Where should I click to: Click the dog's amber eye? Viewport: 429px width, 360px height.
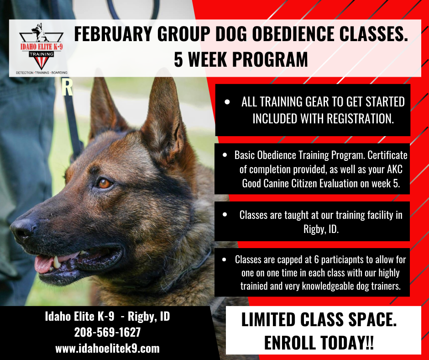(x=105, y=183)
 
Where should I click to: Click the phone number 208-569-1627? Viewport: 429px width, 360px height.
(x=107, y=332)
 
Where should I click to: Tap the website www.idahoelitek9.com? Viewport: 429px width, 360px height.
(x=107, y=348)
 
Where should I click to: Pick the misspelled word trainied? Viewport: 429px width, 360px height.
(x=257, y=286)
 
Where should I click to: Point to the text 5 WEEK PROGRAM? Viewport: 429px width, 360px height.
(x=241, y=59)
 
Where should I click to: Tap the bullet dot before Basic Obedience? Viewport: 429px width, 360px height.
(x=225, y=155)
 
